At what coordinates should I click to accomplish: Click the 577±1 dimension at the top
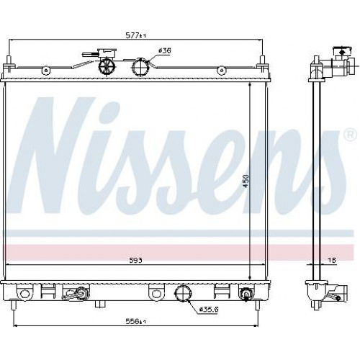click(x=136, y=36)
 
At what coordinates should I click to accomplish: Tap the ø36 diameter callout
click(x=165, y=51)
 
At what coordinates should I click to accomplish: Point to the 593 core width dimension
click(x=136, y=260)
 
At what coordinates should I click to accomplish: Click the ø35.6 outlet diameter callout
click(x=209, y=310)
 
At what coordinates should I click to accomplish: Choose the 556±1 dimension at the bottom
click(x=136, y=321)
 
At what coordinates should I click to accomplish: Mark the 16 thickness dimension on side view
click(x=332, y=260)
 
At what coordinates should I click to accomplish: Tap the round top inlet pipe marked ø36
click(x=140, y=67)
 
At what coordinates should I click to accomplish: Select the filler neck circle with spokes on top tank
click(x=107, y=66)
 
